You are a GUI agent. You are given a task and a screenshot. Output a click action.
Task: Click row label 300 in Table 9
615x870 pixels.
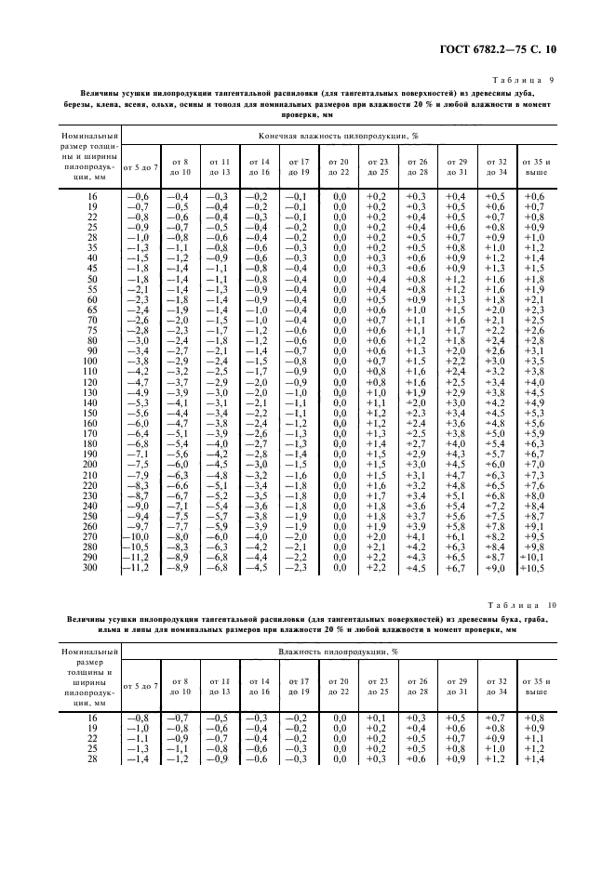[x=90, y=567]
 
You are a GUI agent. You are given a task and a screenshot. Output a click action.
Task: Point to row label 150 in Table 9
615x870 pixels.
[x=90, y=413]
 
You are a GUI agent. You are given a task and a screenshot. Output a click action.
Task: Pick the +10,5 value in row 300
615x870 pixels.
[x=533, y=568]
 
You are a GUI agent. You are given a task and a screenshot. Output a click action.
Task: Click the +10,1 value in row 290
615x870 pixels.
[x=533, y=557]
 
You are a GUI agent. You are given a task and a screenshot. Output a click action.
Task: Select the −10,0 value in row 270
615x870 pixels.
[x=139, y=536]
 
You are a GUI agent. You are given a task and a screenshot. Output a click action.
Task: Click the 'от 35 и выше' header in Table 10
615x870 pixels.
[x=534, y=687]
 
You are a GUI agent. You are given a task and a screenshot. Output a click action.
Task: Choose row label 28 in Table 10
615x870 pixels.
[x=90, y=759]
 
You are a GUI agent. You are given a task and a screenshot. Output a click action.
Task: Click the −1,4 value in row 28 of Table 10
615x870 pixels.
[x=139, y=759]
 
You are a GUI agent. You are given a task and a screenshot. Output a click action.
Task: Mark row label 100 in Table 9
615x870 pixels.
[x=90, y=361]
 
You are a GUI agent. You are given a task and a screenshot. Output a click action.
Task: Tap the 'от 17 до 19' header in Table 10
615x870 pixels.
[x=298, y=687]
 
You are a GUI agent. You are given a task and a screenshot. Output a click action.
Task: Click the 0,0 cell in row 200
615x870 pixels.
[x=339, y=464]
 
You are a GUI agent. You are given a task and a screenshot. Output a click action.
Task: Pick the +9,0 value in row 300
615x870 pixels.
[x=496, y=568]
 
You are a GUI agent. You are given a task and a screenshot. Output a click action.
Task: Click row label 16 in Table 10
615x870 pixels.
[x=90, y=718]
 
